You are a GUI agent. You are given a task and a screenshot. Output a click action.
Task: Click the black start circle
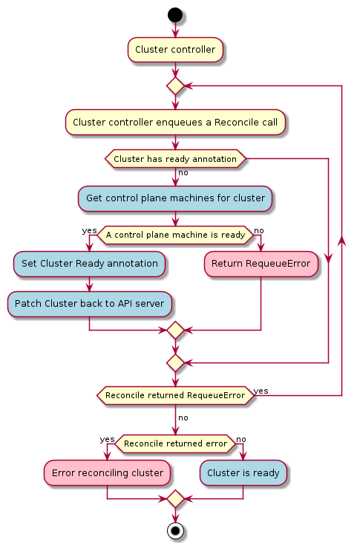175,15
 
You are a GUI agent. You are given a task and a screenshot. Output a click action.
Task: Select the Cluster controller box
175,50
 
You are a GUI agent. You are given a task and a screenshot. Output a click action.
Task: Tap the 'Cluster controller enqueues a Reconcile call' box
175,123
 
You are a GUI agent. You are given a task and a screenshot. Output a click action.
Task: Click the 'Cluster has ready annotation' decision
175,159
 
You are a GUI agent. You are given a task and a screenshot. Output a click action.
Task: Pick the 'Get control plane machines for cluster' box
175,198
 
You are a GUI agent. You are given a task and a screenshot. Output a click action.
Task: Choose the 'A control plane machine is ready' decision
175,235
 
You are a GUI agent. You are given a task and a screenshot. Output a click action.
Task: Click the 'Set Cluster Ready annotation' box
89,264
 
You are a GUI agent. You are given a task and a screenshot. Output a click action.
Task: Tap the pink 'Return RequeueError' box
261,264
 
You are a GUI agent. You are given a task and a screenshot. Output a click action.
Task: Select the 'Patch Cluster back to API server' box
89,304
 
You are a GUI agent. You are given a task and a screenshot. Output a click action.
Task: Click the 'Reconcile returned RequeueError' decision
175,395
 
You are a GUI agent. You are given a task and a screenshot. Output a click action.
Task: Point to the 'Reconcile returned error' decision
175,443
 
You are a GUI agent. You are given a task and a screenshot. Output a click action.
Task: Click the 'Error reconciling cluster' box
107,473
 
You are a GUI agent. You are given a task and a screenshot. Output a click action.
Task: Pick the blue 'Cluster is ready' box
243,473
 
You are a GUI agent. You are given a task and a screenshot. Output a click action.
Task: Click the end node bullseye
175,530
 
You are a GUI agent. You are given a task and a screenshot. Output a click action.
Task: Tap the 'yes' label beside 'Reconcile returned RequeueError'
261,391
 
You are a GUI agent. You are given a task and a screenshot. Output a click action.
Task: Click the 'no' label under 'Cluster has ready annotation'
183,172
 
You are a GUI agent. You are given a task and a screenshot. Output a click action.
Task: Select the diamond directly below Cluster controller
175,85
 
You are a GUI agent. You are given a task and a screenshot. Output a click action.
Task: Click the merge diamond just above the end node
175,498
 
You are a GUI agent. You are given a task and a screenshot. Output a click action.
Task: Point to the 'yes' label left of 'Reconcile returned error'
107,440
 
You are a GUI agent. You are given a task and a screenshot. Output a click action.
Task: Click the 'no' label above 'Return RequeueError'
259,231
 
